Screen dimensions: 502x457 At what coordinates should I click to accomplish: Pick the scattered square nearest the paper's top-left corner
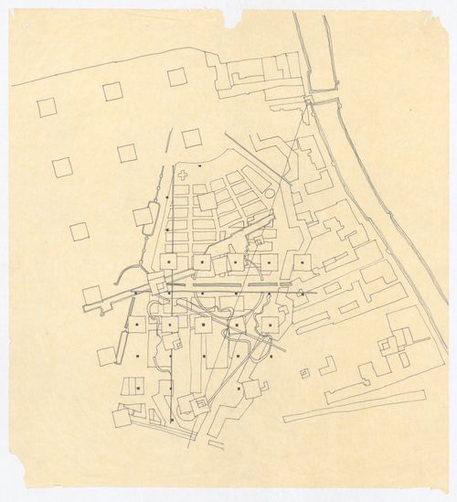pyautogui.click(x=47, y=107)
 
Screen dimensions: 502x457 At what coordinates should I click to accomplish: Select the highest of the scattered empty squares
pyautogui.click(x=176, y=77)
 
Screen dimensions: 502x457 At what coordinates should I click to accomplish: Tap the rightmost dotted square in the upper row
pyautogui.click(x=302, y=262)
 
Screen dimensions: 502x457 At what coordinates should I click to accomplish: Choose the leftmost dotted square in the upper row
pyautogui.click(x=170, y=262)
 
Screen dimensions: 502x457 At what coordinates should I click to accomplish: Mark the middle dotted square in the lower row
pyautogui.click(x=203, y=324)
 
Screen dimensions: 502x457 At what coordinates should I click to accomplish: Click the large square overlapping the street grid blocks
pyautogui.click(x=207, y=201)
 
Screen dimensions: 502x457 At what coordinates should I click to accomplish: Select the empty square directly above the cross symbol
pyautogui.click(x=191, y=138)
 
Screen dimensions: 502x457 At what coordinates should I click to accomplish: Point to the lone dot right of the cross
pyautogui.click(x=199, y=166)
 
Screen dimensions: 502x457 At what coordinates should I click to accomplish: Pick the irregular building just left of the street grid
pyautogui.click(x=144, y=217)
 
